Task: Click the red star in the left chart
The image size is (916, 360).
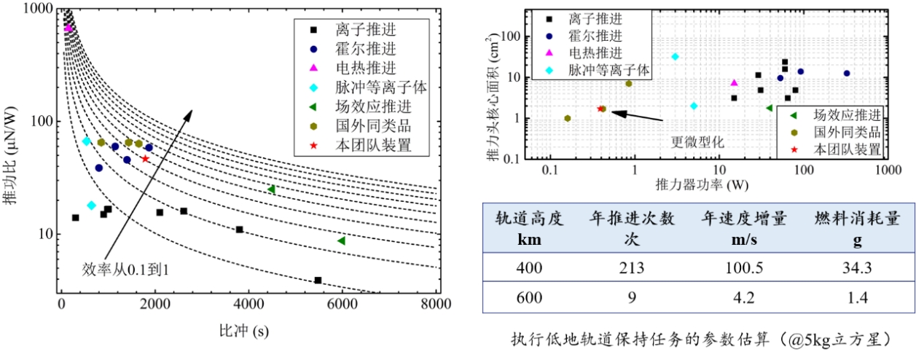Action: [145, 158]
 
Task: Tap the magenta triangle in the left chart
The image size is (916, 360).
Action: [68, 28]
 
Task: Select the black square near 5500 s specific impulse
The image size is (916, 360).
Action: [318, 281]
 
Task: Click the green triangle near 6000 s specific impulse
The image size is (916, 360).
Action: [341, 240]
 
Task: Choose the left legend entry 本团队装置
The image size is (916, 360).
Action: [374, 145]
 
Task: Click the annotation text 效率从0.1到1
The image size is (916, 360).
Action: [128, 269]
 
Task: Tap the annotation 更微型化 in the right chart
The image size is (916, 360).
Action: [694, 140]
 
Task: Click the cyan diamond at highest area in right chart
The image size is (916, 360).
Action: [675, 56]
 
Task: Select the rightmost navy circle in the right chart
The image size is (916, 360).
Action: [847, 73]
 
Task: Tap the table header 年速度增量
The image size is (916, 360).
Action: [734, 219]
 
